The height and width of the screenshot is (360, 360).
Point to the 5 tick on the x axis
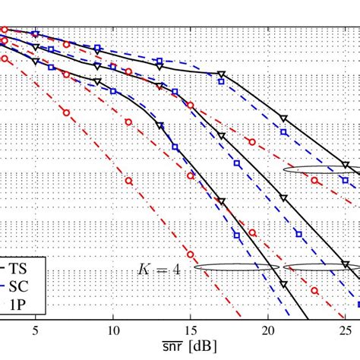point(35,331)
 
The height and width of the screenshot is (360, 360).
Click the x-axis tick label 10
point(112,331)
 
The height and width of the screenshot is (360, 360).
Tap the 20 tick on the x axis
point(268,331)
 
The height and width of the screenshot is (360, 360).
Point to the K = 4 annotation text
point(158,268)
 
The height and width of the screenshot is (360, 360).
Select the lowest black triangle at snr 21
point(283,285)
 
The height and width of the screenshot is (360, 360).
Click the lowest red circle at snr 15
point(191,255)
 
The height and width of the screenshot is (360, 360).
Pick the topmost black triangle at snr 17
point(221,74)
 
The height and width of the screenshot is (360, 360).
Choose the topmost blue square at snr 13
point(159,60)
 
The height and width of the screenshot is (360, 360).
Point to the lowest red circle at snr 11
point(128,181)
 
